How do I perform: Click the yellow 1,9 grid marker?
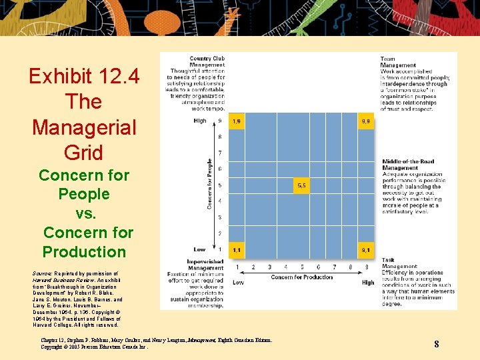(236, 121)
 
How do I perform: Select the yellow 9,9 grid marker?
(366, 121)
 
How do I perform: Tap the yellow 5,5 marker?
(301, 186)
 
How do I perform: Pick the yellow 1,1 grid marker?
(236, 250)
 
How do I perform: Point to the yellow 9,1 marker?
(366, 250)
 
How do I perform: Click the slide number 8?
(436, 344)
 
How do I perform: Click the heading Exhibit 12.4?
(84, 77)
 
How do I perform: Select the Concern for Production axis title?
(301, 277)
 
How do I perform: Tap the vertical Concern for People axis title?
(210, 184)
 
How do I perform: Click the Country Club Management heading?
(207, 62)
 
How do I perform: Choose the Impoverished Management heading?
(205, 265)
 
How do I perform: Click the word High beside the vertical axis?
(200, 121)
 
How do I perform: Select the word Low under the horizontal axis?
(238, 283)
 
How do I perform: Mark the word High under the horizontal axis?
(368, 283)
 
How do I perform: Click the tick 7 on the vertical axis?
(220, 153)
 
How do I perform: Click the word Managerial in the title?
(84, 127)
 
